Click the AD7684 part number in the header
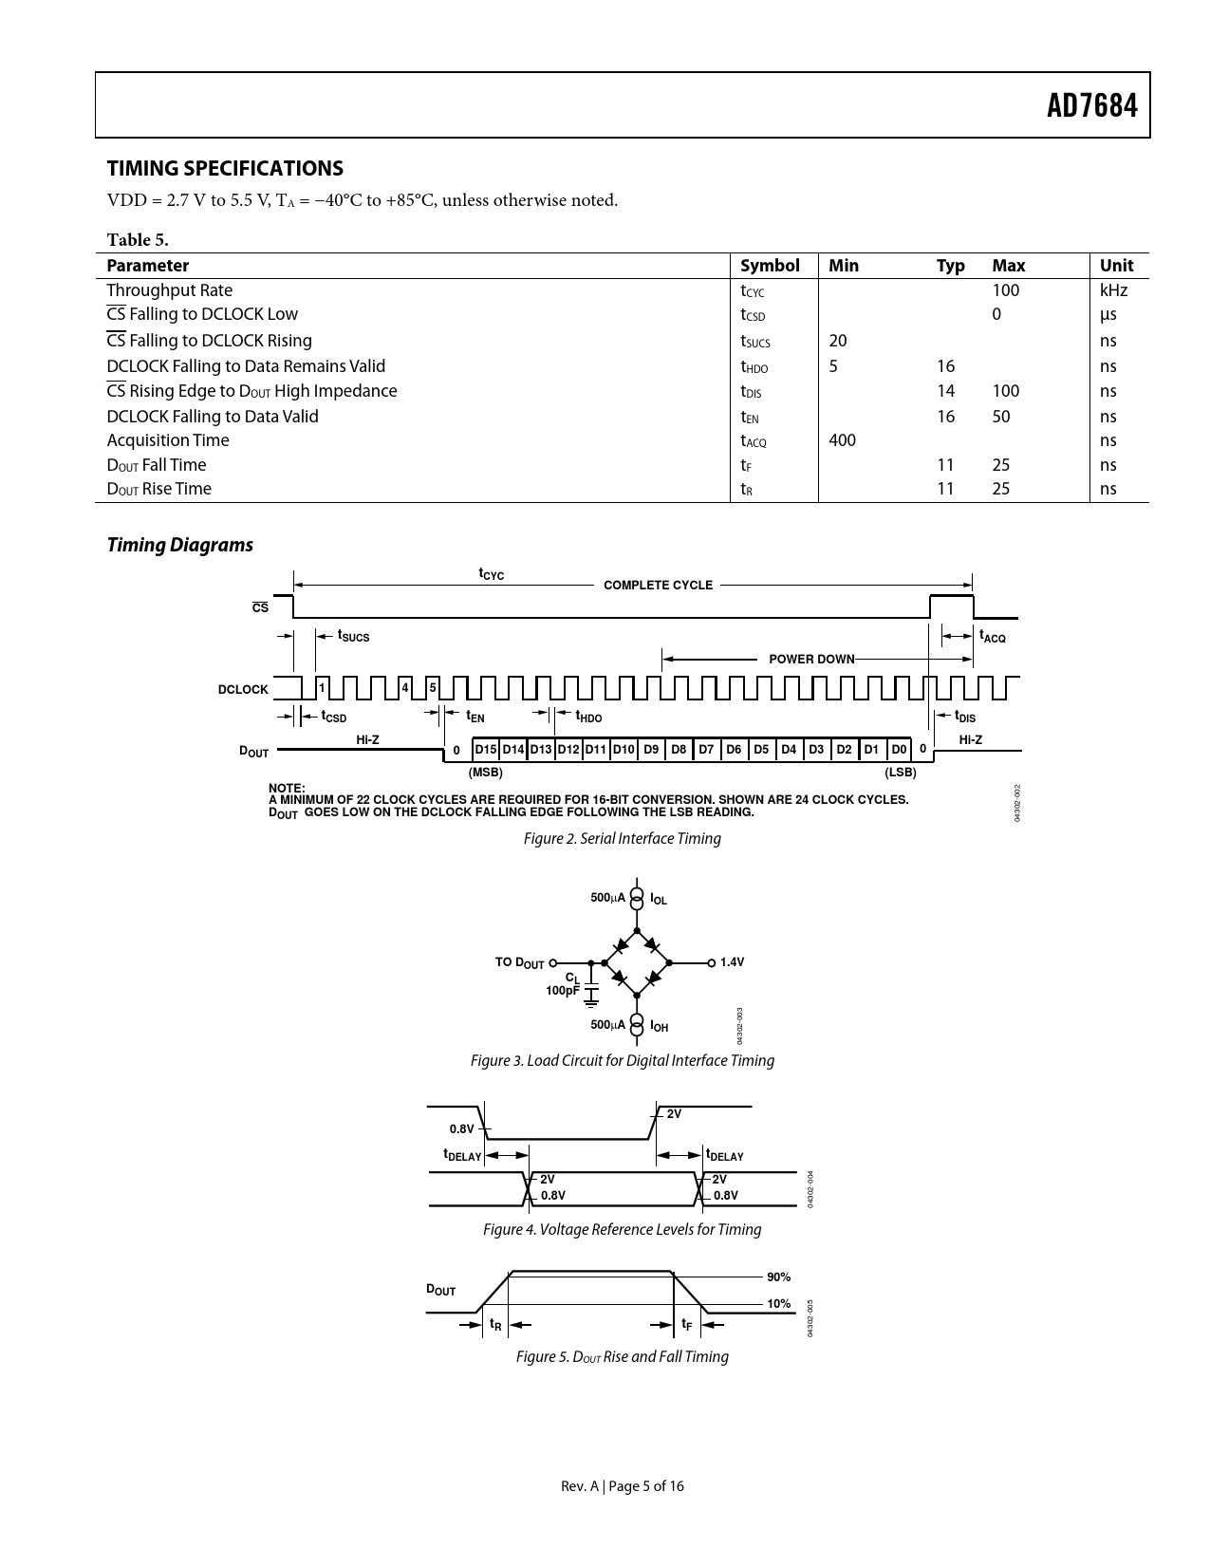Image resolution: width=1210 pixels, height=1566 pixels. [1091, 105]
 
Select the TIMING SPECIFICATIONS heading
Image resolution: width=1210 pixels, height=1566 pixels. [225, 168]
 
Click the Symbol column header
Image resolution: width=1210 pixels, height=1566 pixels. [770, 265]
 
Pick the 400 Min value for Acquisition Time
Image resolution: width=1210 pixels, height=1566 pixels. [842, 439]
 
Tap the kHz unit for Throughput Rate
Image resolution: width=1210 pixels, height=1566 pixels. [1113, 289]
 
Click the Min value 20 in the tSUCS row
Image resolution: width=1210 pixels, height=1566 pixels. [837, 340]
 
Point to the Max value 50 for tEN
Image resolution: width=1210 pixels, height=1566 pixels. [1001, 416]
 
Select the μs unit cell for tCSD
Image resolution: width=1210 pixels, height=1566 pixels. [1108, 314]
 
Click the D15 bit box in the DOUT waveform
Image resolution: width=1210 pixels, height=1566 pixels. [486, 750]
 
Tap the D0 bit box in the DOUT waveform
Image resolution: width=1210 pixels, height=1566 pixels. [899, 750]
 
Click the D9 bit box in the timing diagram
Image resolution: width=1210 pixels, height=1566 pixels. [651, 750]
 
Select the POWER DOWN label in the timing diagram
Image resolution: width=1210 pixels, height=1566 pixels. [811, 659]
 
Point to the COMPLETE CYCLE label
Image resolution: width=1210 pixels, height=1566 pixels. [658, 586]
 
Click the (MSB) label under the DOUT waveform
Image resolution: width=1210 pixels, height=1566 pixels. [486, 773]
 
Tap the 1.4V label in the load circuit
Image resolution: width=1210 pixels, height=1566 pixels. [733, 962]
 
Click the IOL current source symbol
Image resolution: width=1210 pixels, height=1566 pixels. [637, 898]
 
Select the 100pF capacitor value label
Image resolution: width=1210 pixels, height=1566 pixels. [562, 990]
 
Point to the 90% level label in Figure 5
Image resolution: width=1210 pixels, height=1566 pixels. [778, 1277]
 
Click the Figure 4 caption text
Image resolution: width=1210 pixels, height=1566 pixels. [622, 1229]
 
